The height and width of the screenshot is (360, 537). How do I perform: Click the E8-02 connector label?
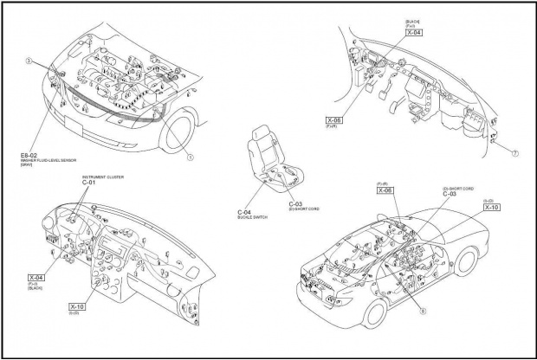coord(29,152)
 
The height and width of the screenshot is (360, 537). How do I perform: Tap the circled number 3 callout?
coord(29,61)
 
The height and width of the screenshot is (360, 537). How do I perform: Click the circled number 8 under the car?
coord(423,308)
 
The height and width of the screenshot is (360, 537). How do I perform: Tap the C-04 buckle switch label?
coord(244,212)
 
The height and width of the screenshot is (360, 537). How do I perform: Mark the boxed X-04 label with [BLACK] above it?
coord(412,31)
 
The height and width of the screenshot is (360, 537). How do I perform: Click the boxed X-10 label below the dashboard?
coord(77,306)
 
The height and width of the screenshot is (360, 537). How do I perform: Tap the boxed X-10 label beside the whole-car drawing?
coord(491,208)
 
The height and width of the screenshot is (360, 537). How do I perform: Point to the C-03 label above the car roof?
coord(450,194)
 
